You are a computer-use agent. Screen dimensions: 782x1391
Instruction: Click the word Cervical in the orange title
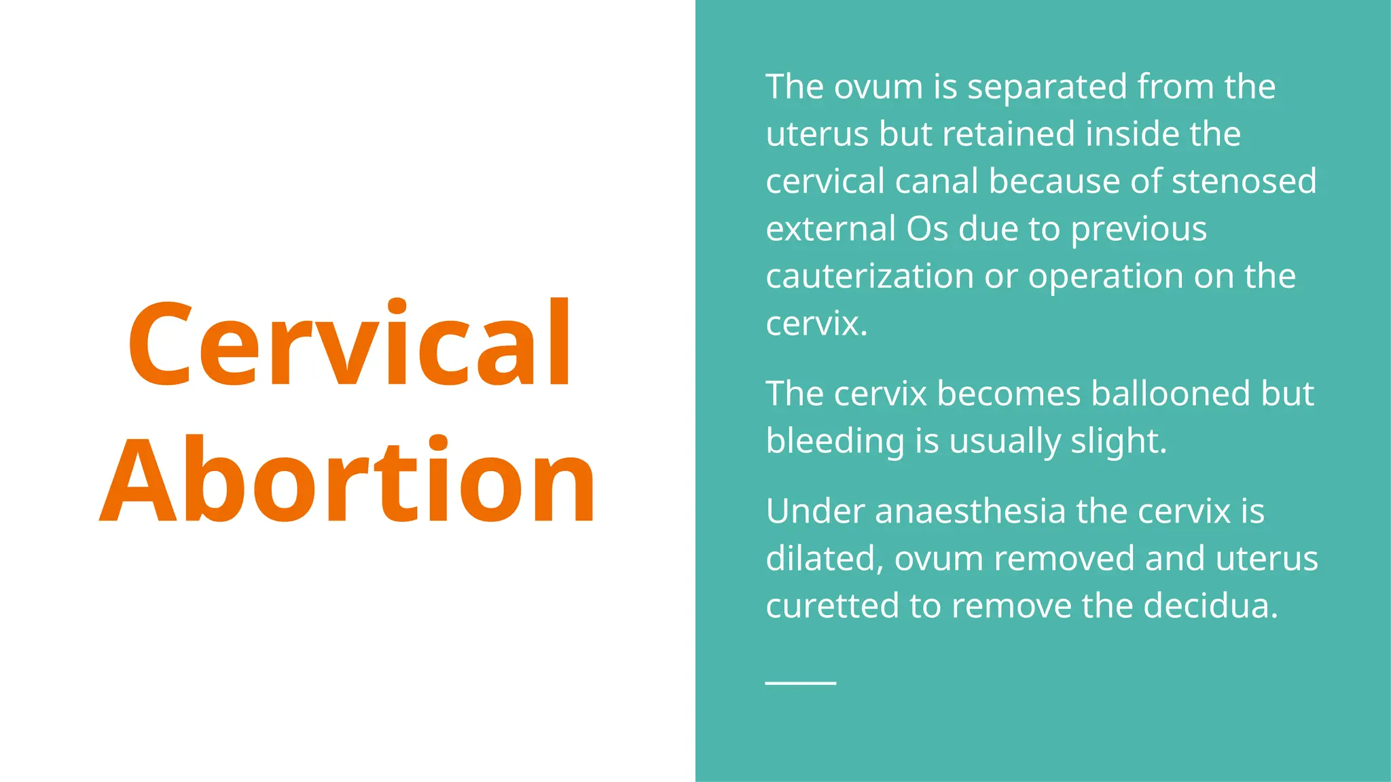point(350,343)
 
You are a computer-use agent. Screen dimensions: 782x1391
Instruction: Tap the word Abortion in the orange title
point(348,481)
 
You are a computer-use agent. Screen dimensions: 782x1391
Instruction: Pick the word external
point(830,229)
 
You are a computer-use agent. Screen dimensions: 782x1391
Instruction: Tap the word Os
point(926,229)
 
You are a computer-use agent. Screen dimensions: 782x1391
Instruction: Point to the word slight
point(1118,441)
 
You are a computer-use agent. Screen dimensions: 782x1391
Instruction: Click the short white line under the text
point(800,682)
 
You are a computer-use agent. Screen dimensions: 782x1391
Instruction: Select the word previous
point(1138,229)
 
